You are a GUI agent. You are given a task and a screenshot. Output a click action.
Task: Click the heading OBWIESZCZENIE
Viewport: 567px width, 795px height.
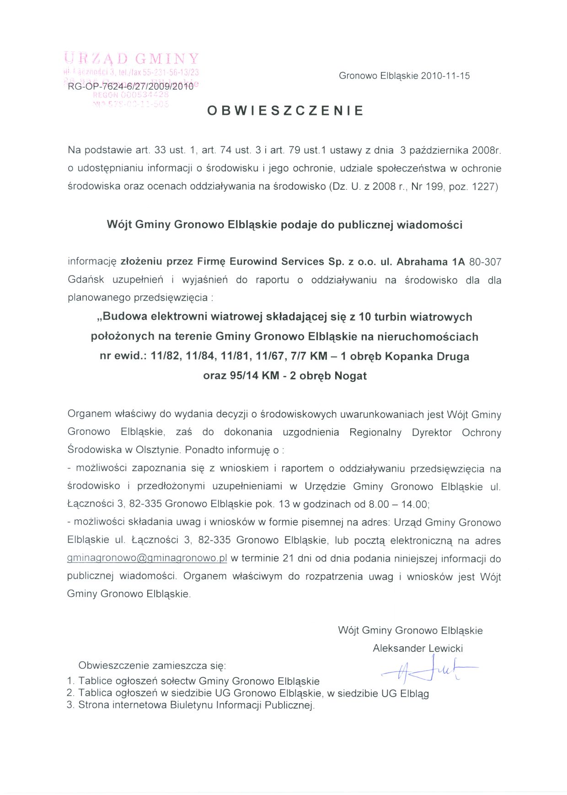285,111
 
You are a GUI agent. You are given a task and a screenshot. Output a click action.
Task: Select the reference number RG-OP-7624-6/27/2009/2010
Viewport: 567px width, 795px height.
131,86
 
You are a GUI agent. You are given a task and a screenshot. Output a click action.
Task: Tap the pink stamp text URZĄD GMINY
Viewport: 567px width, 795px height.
132,59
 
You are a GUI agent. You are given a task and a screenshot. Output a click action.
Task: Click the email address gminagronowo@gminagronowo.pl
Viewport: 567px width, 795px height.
147,559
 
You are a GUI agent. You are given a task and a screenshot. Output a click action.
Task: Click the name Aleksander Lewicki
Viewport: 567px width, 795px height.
417,648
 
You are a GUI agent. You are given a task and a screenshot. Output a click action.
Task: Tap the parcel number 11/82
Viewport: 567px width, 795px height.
166,356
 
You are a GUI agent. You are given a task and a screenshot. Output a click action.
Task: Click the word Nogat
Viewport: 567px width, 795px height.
350,376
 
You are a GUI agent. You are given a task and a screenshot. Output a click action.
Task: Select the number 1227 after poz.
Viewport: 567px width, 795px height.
483,187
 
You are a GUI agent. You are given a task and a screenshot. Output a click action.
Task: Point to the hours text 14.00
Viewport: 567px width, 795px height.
415,504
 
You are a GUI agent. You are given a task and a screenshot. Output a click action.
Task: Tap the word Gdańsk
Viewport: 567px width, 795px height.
86,280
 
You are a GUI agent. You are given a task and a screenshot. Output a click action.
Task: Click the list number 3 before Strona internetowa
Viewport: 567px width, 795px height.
70,705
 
